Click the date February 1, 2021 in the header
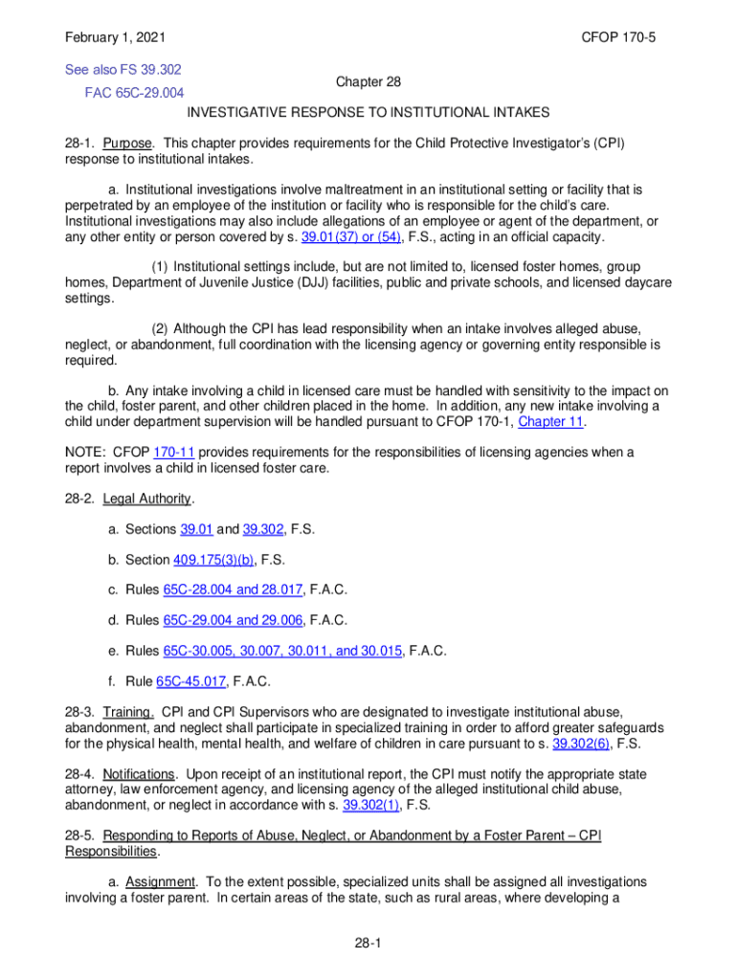coord(115,38)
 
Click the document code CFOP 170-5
coord(625,38)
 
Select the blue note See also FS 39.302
coord(123,70)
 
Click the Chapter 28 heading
coord(368,83)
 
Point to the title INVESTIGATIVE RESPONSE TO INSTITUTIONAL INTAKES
coord(368,112)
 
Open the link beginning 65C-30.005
coord(285,652)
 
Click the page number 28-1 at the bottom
coord(368,945)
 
